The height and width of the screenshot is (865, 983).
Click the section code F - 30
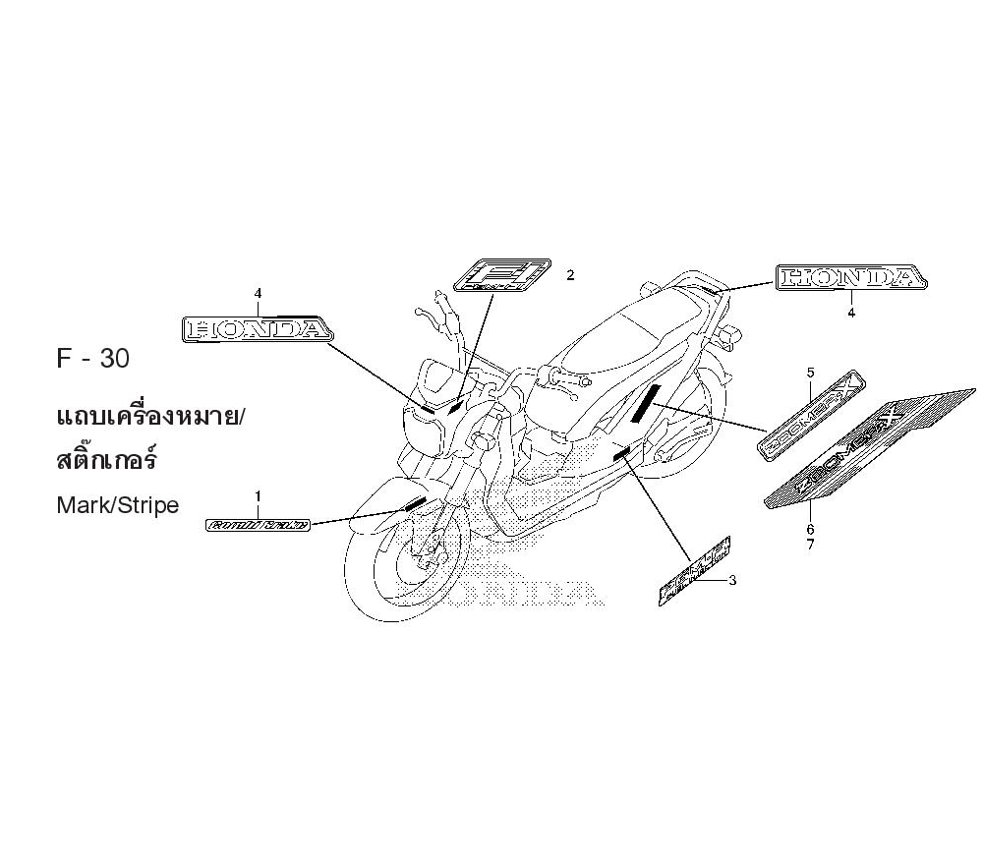92,359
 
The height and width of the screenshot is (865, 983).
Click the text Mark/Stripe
118,506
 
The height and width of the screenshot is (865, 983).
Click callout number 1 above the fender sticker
258,496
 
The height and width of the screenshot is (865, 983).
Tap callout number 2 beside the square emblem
569,276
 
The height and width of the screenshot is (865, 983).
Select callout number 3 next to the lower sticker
732,580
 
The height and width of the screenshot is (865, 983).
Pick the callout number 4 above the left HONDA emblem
258,293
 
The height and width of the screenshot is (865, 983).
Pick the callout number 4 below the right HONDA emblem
851,312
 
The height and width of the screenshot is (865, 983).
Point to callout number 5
811,373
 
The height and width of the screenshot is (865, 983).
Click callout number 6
811,529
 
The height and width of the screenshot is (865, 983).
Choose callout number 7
811,545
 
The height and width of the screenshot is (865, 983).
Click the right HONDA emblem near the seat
850,278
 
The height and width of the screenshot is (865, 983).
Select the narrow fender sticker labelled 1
258,526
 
